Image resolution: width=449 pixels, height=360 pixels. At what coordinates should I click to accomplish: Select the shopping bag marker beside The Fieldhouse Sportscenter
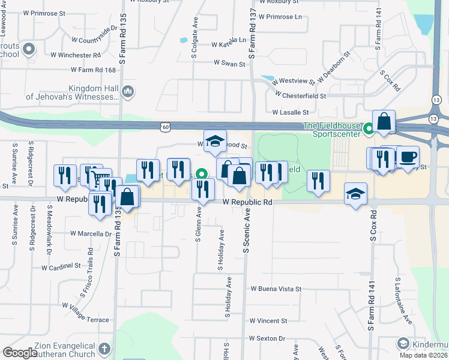pos(384,122)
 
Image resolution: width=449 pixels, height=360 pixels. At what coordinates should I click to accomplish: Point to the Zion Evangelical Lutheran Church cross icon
pos(104,349)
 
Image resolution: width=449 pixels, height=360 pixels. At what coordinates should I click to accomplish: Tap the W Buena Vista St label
pos(276,289)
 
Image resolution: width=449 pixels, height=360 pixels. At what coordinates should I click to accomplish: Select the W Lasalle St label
pos(290,112)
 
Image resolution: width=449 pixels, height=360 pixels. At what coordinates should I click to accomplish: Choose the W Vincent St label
pos(268,321)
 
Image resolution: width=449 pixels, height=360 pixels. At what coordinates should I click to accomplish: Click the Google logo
pos(20,353)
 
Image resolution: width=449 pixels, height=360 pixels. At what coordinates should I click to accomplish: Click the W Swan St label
pos(229,64)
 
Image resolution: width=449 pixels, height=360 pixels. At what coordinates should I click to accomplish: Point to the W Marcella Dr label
pos(91,233)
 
